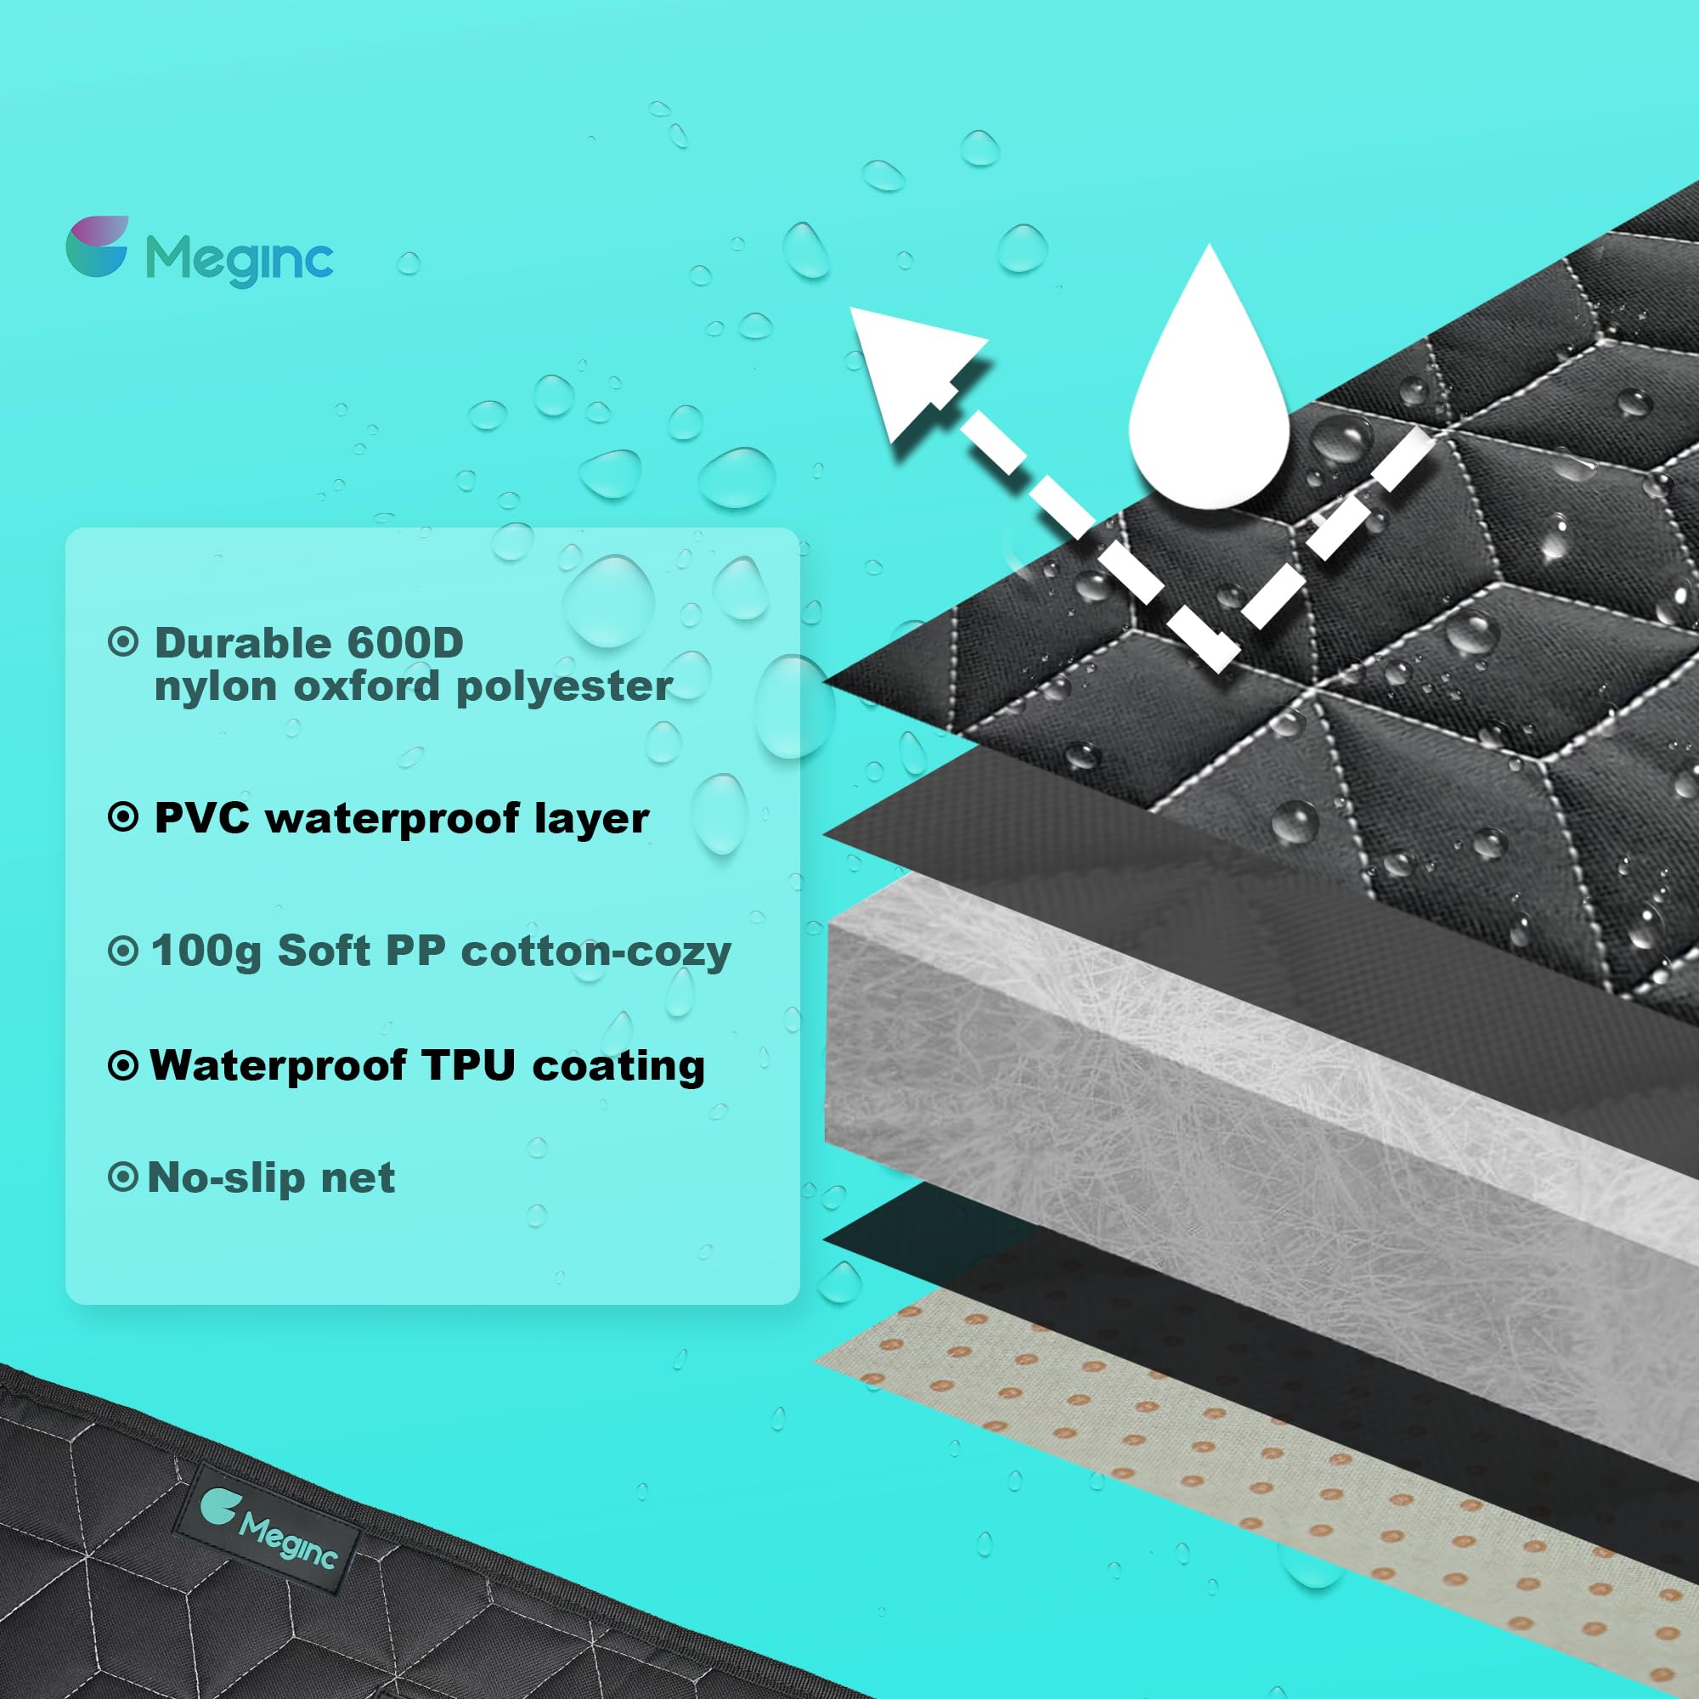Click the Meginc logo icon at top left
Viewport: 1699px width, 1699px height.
[97, 246]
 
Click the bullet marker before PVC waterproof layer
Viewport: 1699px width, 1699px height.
[123, 818]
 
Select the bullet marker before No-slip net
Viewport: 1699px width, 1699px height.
[123, 1177]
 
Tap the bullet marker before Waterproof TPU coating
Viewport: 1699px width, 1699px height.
[123, 1066]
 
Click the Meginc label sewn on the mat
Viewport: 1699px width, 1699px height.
[268, 1530]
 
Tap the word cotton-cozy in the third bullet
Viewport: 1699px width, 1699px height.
[595, 952]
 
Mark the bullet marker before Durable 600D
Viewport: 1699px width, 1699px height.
[123, 642]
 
